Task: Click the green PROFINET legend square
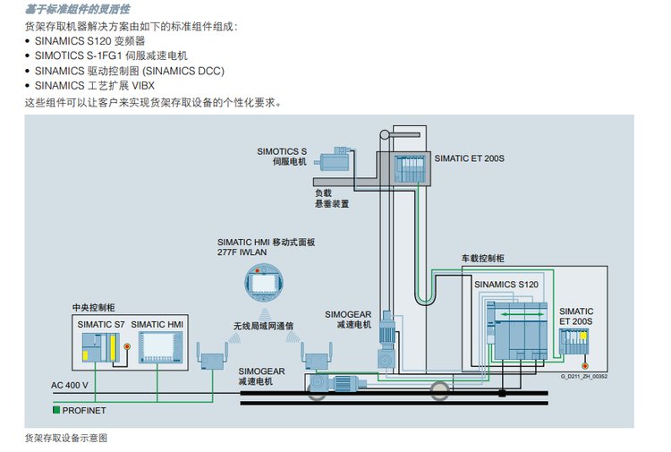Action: click(x=55, y=409)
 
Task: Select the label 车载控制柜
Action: click(x=483, y=258)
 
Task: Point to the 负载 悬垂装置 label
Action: click(x=331, y=198)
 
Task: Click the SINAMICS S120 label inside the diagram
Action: click(x=506, y=285)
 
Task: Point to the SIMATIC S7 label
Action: click(x=100, y=323)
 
